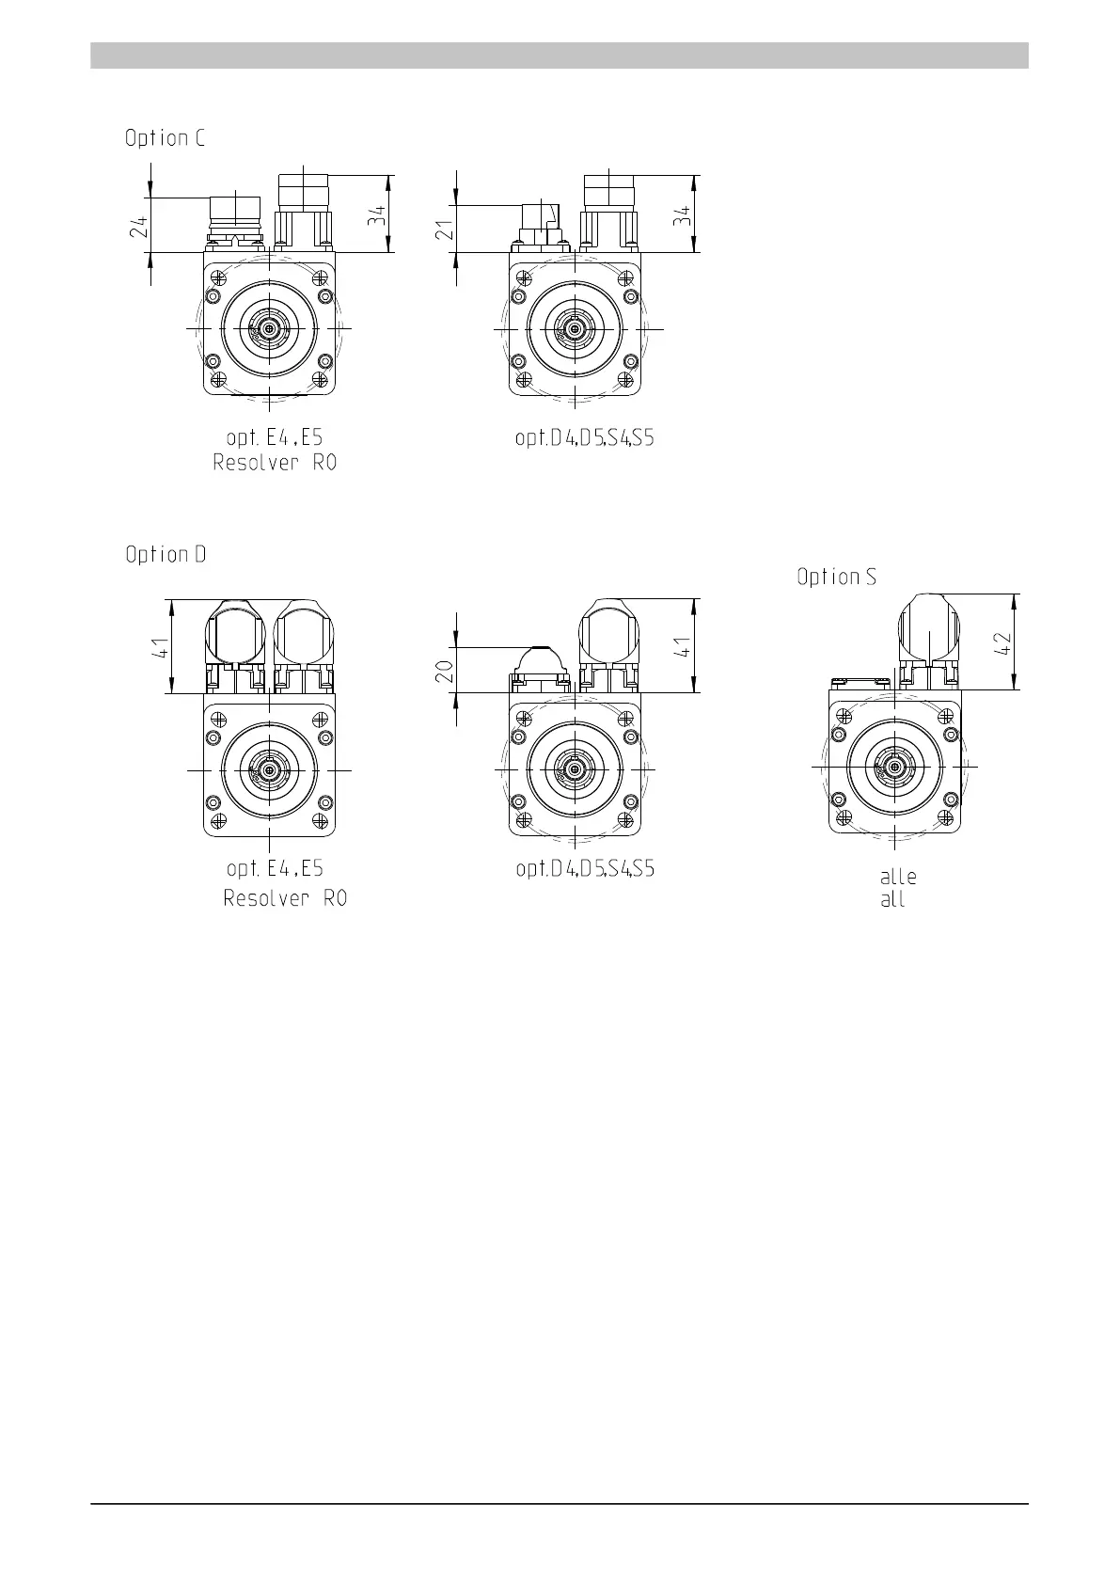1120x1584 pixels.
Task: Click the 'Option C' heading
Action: pos(165,138)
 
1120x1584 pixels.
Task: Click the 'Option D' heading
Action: pos(166,554)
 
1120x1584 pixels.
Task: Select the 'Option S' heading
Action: pos(836,577)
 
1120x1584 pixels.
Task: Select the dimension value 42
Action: pos(1002,642)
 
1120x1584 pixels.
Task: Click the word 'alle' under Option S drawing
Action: pos(898,877)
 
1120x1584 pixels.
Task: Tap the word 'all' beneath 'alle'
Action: pos(892,899)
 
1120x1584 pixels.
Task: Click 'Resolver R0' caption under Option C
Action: pos(275,463)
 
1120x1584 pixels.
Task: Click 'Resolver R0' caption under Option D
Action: pos(285,898)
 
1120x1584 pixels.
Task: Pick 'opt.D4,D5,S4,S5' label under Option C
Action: pos(585,438)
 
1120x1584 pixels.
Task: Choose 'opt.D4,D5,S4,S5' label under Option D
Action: pos(586,868)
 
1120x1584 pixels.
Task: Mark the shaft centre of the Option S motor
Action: pos(894,767)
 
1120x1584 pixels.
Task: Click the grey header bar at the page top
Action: pos(560,55)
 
